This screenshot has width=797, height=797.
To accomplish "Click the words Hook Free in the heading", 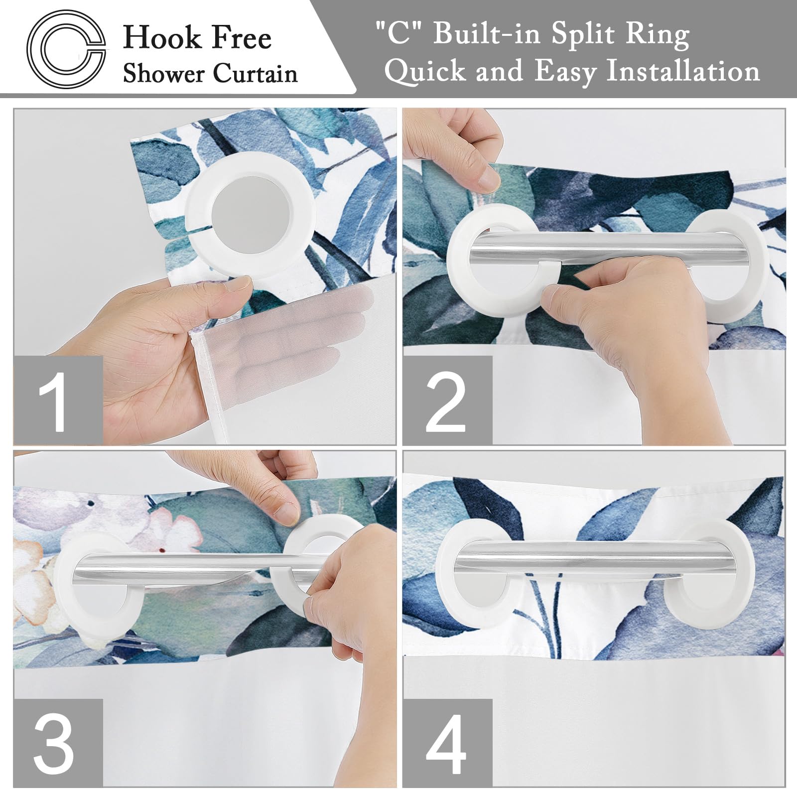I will pos(197,38).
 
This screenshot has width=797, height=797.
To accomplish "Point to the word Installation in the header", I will pos(683,71).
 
